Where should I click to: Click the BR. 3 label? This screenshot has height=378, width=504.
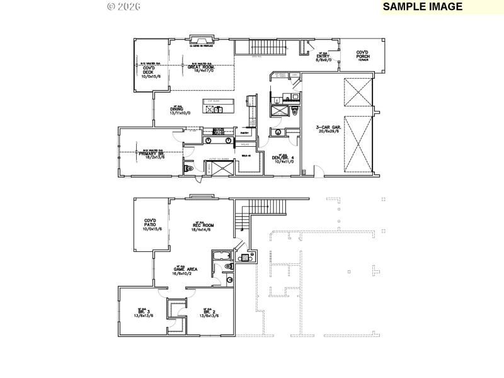143,312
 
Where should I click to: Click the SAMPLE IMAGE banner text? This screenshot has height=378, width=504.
422,6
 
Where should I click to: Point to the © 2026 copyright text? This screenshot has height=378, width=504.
123,6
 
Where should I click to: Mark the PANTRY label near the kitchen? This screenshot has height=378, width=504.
246,133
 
